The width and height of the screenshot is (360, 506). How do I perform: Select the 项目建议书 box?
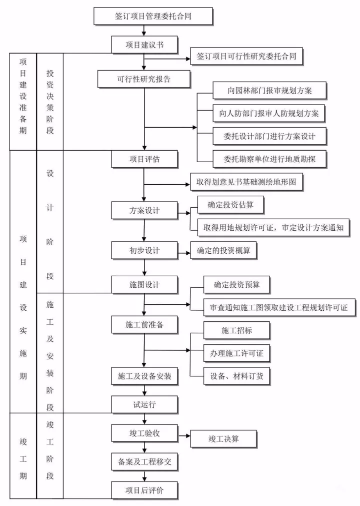[144, 44]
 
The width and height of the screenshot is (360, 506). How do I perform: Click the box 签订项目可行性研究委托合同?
[247, 57]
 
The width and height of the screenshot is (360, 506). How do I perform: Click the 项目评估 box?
[144, 159]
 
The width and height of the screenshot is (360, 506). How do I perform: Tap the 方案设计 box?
[144, 209]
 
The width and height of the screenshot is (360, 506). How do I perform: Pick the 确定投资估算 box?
[229, 204]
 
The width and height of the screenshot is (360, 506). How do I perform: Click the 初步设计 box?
[144, 250]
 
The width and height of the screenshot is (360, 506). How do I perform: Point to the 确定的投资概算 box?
[223, 250]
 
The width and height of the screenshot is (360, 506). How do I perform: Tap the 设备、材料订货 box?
[236, 375]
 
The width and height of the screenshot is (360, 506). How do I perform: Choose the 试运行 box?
[144, 404]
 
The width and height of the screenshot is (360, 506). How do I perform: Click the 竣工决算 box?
[223, 438]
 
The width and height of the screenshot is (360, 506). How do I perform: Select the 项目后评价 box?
[144, 490]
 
